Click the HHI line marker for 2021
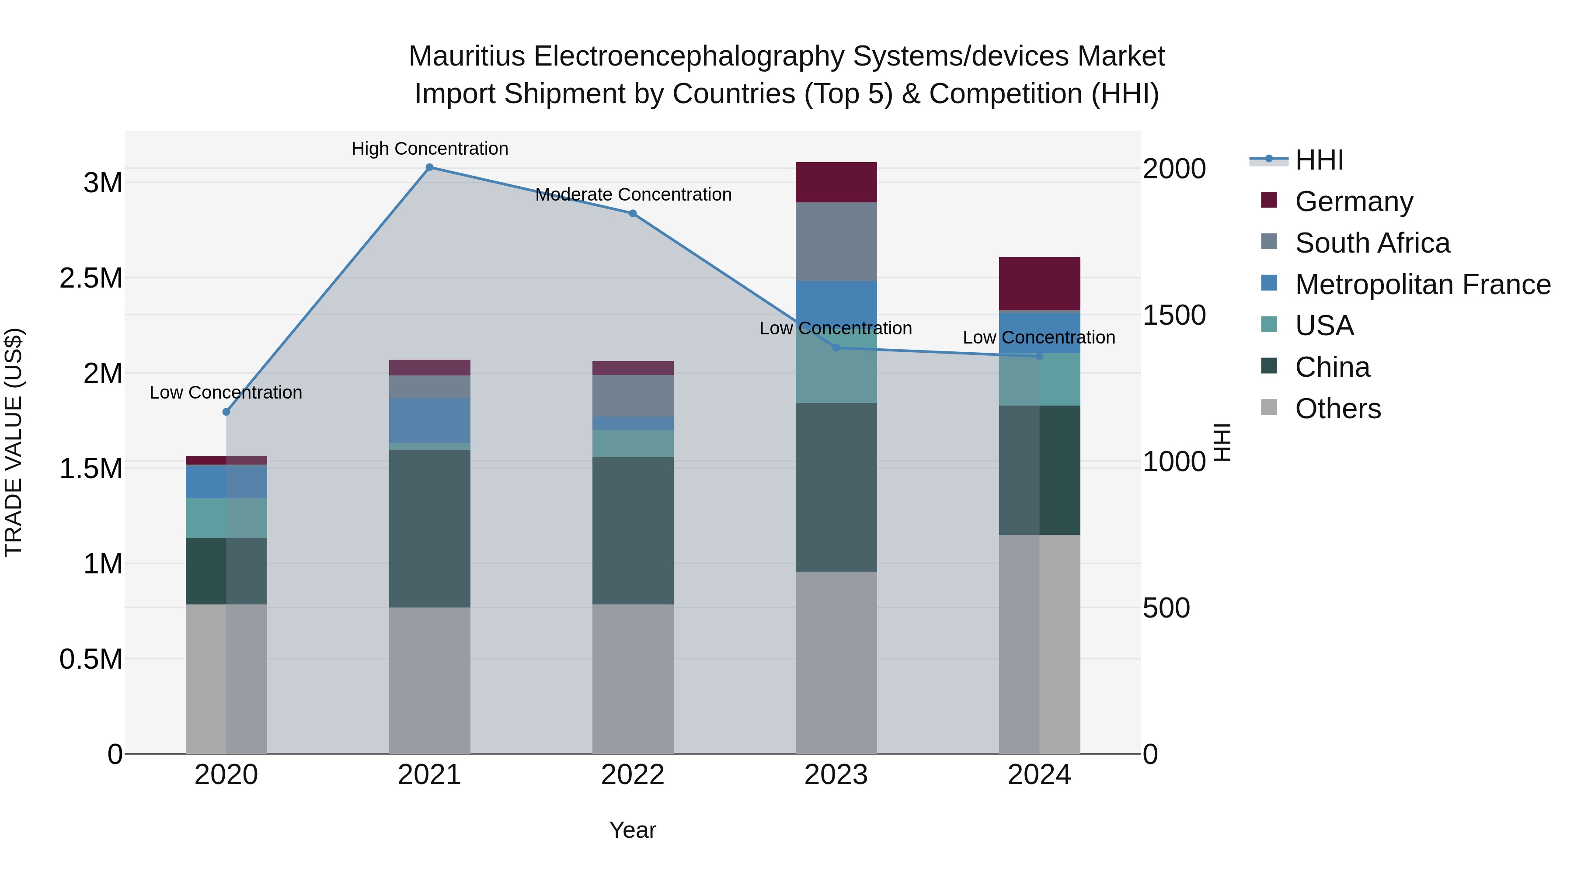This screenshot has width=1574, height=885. (x=429, y=167)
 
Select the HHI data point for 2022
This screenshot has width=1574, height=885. (x=633, y=214)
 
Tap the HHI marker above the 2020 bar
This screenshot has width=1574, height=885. (x=226, y=412)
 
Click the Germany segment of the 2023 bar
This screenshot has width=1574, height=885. (x=836, y=182)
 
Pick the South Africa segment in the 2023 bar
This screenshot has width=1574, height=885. (x=836, y=241)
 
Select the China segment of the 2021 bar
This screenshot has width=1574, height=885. (x=429, y=528)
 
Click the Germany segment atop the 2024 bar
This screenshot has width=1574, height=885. (x=1039, y=283)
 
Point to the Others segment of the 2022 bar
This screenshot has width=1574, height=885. (x=633, y=678)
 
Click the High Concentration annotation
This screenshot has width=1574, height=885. (x=429, y=149)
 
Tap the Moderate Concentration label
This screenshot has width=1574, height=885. (x=633, y=194)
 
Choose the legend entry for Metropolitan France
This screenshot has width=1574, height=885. (x=1422, y=285)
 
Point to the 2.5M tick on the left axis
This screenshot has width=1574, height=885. (x=91, y=278)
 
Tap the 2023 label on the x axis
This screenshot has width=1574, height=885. (x=836, y=775)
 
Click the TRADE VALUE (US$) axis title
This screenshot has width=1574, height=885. (x=14, y=443)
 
